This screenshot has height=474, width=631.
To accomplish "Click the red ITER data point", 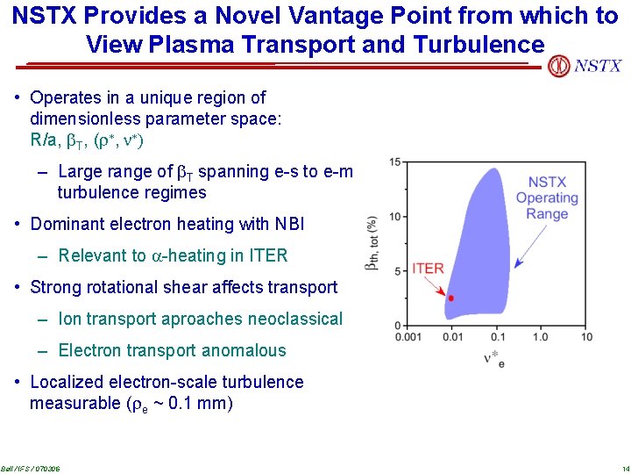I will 450,298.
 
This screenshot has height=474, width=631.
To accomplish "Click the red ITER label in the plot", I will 428,269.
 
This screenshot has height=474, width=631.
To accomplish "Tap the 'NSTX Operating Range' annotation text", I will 547,198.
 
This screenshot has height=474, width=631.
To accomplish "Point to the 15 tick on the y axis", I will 395,162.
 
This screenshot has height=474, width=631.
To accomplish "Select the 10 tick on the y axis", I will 395,216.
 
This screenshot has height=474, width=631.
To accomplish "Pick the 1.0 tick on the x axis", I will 541,337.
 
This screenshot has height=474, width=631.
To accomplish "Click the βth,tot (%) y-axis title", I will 372,243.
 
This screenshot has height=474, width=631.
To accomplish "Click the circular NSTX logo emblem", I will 558,66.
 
